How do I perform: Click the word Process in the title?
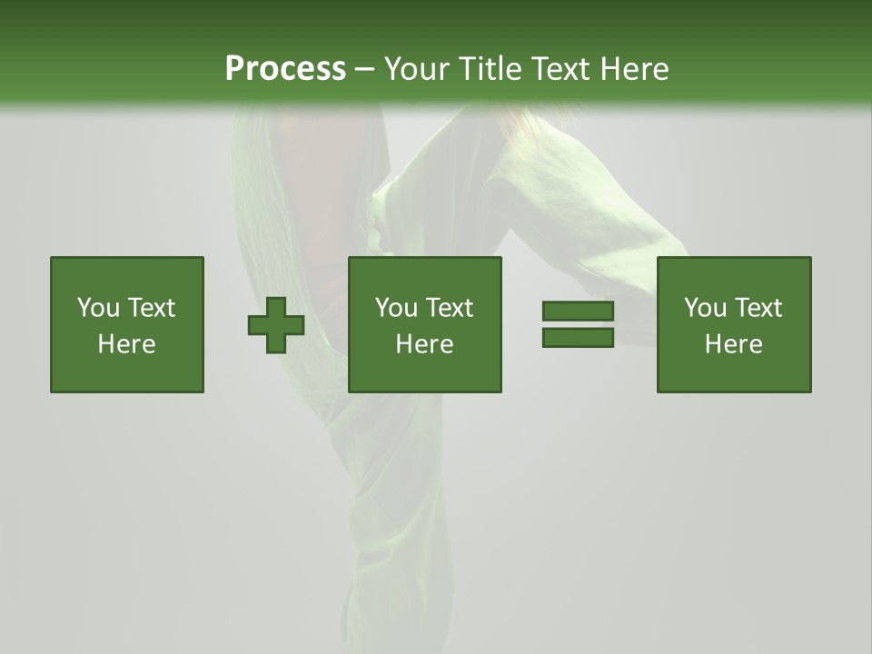(285, 69)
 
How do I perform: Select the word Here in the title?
(635, 69)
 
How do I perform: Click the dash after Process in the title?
(364, 70)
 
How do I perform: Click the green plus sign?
(276, 324)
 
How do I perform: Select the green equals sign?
(578, 324)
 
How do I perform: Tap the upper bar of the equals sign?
(578, 312)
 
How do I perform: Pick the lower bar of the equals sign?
(578, 337)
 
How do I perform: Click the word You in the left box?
(98, 308)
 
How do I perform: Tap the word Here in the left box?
(127, 344)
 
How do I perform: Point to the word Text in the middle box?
(450, 308)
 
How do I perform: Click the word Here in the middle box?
(425, 344)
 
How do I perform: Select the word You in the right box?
(705, 308)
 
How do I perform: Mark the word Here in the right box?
(734, 344)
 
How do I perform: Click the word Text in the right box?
(758, 308)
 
